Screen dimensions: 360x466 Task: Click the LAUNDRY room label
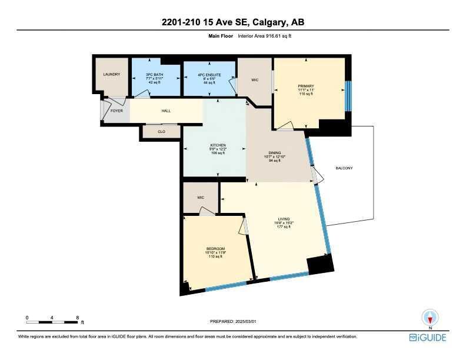coord(112,75)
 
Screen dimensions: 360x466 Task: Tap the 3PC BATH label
coord(154,75)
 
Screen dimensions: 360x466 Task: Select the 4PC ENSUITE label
coord(209,75)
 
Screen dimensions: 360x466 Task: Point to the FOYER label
coord(116,111)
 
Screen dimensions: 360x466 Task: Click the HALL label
coord(166,111)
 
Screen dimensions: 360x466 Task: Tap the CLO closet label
coord(161,132)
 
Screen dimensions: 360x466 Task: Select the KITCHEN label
coord(218,145)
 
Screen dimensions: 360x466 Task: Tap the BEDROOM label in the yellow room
coord(215,249)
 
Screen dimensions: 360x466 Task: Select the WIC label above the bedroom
coord(200,197)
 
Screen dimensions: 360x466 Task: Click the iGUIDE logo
coord(428,337)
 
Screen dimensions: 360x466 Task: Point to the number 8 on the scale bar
coord(78,318)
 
